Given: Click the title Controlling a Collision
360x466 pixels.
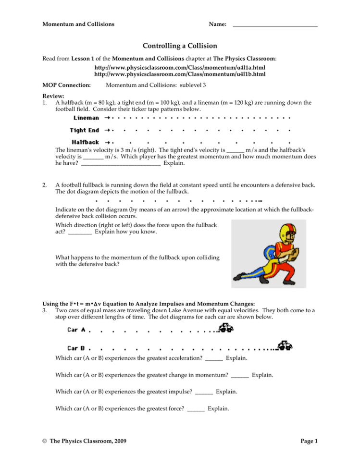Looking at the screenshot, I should [x=180, y=46].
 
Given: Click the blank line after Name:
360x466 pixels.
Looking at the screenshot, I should [x=275, y=25].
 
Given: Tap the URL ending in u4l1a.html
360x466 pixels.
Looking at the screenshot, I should [x=180, y=68].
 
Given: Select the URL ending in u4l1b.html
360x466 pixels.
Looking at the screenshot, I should [x=180, y=74].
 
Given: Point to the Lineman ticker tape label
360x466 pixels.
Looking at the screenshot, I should [x=87, y=118].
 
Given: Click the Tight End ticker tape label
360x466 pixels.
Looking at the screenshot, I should [x=85, y=130].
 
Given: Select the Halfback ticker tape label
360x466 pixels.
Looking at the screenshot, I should [x=86, y=142].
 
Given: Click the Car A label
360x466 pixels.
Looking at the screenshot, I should [x=76, y=330].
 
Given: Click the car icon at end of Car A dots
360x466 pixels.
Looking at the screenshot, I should [x=225, y=329].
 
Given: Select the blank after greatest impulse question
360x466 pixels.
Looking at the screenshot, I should [x=204, y=392].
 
